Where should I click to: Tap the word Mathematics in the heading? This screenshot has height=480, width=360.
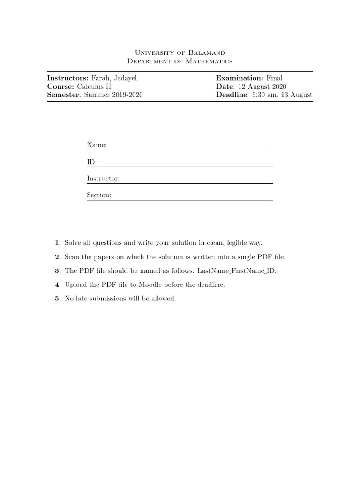click(x=203, y=61)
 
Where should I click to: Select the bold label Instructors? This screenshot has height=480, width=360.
click(x=67, y=78)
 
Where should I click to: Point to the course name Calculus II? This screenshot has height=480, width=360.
click(x=94, y=87)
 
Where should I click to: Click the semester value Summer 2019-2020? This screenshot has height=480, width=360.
click(x=113, y=95)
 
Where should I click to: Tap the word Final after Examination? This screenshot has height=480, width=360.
click(x=275, y=78)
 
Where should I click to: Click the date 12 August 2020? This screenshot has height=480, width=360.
click(x=265, y=87)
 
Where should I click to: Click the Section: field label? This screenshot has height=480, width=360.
click(x=99, y=195)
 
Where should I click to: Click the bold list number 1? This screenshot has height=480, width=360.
click(x=58, y=243)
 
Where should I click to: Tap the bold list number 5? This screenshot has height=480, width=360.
click(x=58, y=299)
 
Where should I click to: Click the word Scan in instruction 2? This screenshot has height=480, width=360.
click(x=73, y=257)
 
